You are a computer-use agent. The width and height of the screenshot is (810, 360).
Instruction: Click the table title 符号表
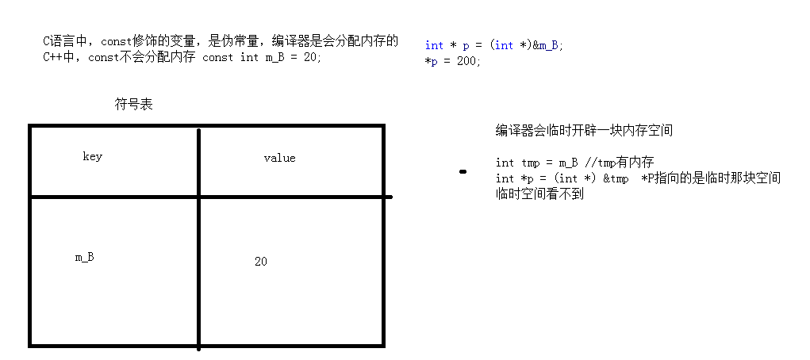[133, 104]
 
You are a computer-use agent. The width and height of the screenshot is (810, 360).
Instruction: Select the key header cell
[92, 156]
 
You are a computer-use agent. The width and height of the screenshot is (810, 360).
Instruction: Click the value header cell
[279, 158]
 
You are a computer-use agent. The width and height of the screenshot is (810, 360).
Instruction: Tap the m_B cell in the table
[85, 257]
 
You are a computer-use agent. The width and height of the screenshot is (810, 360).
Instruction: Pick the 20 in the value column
[261, 261]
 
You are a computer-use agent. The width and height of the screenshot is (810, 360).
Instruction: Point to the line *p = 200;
[453, 61]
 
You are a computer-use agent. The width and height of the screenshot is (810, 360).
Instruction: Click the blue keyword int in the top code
[434, 45]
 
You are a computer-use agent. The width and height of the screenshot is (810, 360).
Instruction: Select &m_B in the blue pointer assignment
[547, 45]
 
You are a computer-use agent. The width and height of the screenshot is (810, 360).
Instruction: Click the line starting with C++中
[182, 57]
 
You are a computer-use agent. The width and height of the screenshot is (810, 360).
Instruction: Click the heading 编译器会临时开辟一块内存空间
[585, 131]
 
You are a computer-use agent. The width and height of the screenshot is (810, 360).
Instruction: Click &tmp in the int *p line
[616, 178]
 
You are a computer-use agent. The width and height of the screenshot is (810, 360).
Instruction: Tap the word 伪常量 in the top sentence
[235, 40]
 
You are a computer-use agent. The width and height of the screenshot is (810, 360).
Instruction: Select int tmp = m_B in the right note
[536, 163]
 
